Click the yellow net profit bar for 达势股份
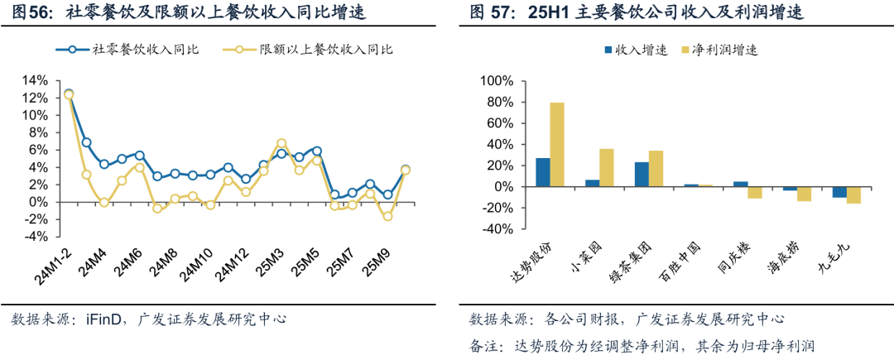(557, 144)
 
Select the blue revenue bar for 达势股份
(542, 172)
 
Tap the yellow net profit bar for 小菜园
(606, 167)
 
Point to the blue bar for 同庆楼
(740, 184)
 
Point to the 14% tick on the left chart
(34, 80)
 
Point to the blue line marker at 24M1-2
(69, 94)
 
